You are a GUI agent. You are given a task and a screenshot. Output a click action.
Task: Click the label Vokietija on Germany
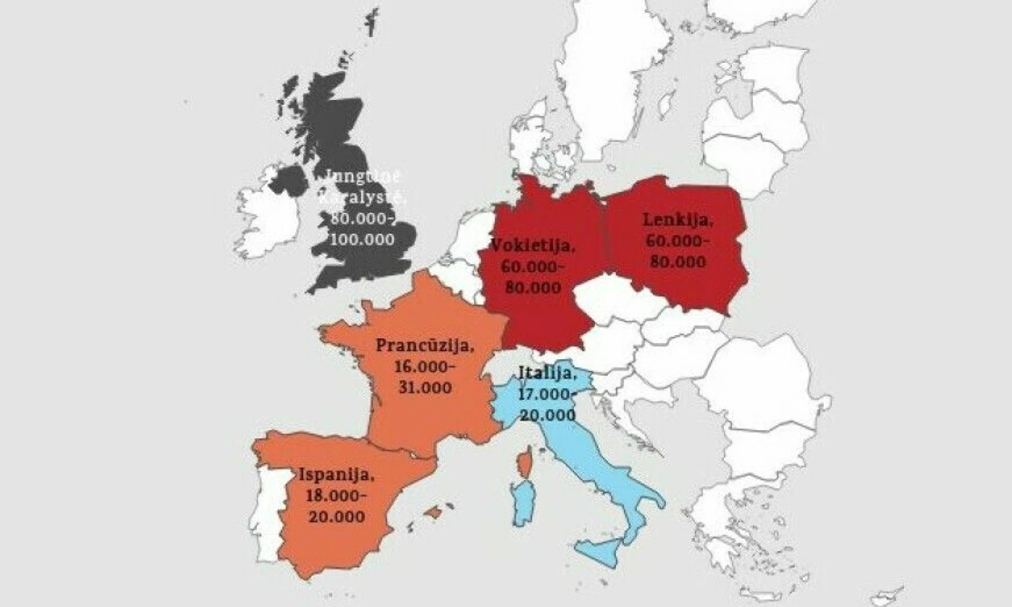tap(533, 244)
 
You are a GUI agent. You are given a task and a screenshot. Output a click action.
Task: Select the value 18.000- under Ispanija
tap(336, 496)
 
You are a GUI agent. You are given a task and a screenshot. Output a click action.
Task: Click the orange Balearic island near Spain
tap(434, 512)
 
